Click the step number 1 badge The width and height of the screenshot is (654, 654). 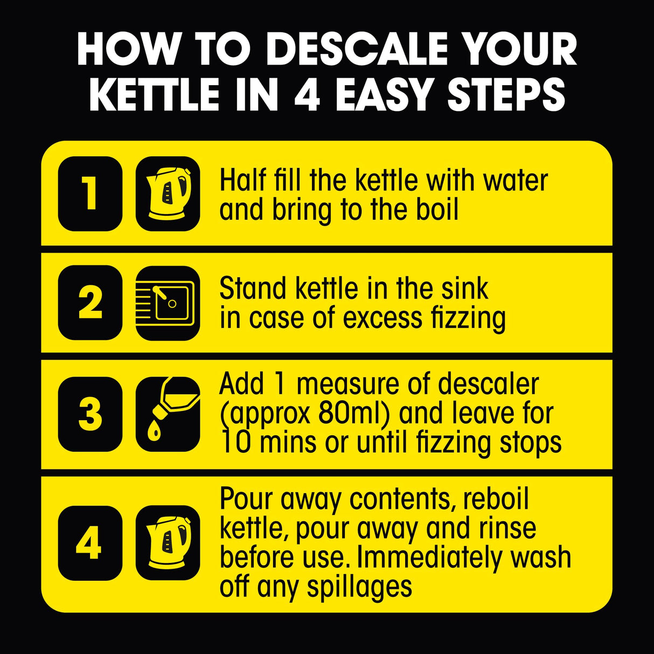click(90, 193)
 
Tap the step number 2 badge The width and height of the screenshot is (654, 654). click(90, 302)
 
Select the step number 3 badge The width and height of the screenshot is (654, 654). click(90, 414)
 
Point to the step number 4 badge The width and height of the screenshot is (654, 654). click(90, 542)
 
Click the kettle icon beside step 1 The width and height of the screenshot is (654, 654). click(168, 193)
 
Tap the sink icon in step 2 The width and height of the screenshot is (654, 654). click(168, 302)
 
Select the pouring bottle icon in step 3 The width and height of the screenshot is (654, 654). click(168, 414)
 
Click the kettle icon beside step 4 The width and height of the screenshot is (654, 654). click(168, 542)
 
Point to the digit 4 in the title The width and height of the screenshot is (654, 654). click(307, 95)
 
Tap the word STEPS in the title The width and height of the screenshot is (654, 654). click(506, 95)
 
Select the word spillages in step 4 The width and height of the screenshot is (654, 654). click(359, 587)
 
